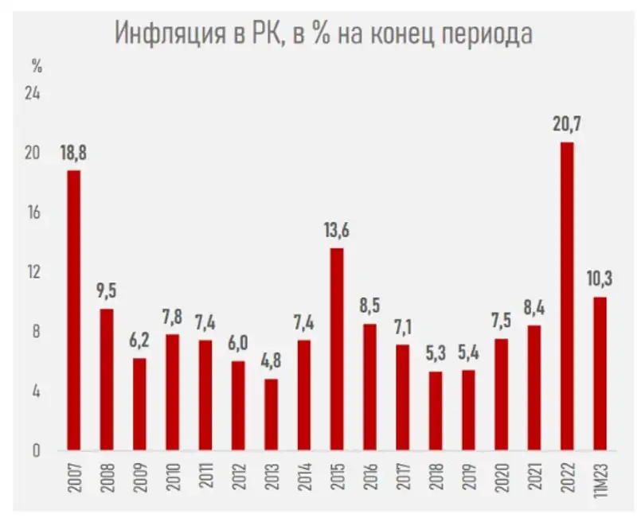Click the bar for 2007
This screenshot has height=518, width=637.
click(73, 310)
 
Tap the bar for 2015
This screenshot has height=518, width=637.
click(337, 349)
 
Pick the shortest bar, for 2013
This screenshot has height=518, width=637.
click(271, 415)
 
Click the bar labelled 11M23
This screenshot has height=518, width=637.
click(600, 374)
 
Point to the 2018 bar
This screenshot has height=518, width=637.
click(436, 411)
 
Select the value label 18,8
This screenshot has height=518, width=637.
click(73, 153)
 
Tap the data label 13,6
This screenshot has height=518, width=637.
click(337, 231)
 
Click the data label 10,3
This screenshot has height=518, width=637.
click(600, 280)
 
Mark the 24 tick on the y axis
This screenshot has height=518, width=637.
click(33, 94)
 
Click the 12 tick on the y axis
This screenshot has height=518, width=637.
click(33, 273)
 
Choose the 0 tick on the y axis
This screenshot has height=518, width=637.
click(36, 451)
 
